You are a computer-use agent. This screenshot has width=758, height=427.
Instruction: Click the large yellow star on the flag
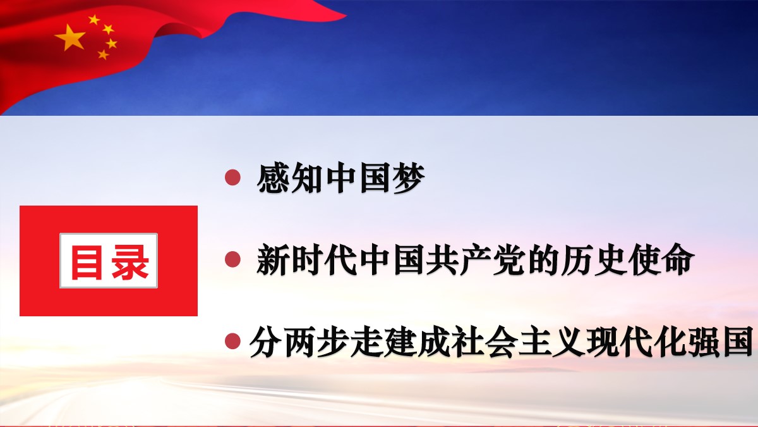coord(69,37)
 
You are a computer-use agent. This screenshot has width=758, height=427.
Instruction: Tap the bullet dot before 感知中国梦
coord(233,178)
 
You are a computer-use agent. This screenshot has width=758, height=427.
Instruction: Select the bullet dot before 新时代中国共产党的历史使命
coord(233,259)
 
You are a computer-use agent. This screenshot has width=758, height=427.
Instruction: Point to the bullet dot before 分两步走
coord(233,340)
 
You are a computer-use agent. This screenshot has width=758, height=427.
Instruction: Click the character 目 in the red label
coord(87,262)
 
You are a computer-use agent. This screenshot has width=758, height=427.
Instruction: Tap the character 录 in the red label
coord(130,262)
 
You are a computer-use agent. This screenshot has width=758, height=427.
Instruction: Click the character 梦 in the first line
coord(409,178)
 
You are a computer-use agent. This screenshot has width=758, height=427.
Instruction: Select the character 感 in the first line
coord(273,178)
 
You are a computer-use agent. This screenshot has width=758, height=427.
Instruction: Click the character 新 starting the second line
coord(273,259)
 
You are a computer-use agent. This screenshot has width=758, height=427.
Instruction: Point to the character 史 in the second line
coord(610,259)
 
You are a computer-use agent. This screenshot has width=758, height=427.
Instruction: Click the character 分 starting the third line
coord(266,341)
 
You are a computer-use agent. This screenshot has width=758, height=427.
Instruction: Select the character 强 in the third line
coord(704,341)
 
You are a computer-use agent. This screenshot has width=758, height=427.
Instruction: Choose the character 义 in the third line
coord(569,341)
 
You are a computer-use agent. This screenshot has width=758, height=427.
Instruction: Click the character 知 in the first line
coord(307,178)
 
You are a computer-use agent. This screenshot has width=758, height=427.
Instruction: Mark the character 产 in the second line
coord(476,259)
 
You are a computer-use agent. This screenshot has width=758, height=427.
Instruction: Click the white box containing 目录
coord(109,261)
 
